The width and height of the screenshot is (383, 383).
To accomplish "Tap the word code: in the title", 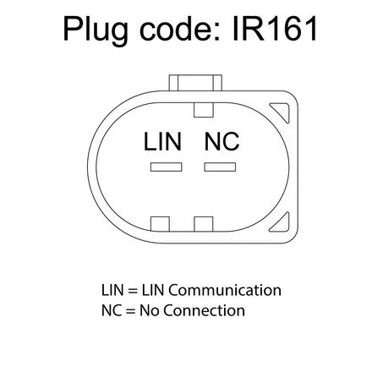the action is tap(180, 28).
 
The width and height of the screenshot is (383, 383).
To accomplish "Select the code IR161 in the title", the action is tap(276, 28).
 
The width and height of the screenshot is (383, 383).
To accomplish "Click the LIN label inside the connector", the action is tap(162, 141).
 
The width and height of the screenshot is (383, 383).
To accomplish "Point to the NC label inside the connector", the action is tap(222, 141).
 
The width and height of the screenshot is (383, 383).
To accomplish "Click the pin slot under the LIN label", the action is tap(166, 167).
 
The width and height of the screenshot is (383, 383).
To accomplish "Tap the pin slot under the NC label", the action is tap(220, 167).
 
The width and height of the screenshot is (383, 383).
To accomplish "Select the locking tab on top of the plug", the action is tap(195, 83).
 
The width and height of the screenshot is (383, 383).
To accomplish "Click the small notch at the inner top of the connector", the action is tap(204, 110).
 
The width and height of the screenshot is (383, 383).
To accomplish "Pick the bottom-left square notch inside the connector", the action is tap(160, 224).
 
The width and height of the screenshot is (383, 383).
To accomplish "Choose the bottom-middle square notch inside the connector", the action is tap(204, 224).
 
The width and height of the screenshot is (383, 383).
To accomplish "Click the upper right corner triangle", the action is tap(282, 111).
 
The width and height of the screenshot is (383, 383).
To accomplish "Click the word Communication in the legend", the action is tap(225, 290).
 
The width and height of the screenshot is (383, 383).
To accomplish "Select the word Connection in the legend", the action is tap(204, 310).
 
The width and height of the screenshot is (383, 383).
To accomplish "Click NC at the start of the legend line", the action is tap(112, 310).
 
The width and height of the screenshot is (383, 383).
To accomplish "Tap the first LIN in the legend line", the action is tap(112, 290).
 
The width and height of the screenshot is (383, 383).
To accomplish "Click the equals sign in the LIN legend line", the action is tap(133, 291).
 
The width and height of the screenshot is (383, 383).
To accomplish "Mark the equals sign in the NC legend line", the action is tap(131, 311).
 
